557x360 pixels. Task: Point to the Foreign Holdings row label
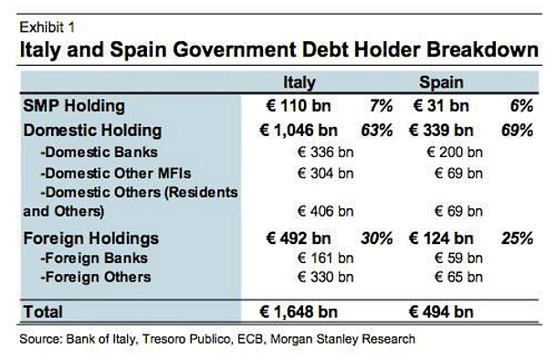pos(90,238)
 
